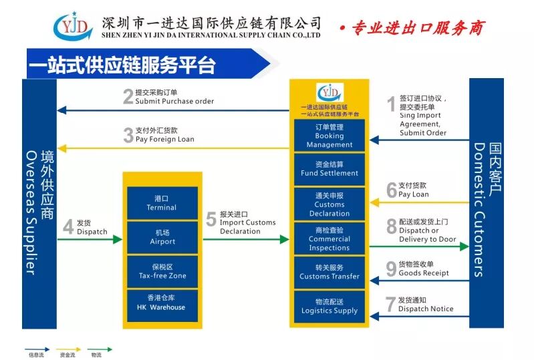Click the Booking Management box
[x=329, y=136]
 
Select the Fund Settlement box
[x=329, y=169]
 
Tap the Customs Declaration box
[x=329, y=204]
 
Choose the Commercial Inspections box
[x=329, y=238]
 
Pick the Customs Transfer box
[x=329, y=272]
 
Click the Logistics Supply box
[x=329, y=307]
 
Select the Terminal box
[x=162, y=203]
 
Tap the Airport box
[x=162, y=237]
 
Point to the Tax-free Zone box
[x=162, y=271]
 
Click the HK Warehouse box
[x=162, y=305]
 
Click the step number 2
[x=128, y=98]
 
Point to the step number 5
[x=211, y=220]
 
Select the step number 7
[x=391, y=305]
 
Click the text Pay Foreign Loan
[x=164, y=140]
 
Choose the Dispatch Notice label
[x=426, y=309]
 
